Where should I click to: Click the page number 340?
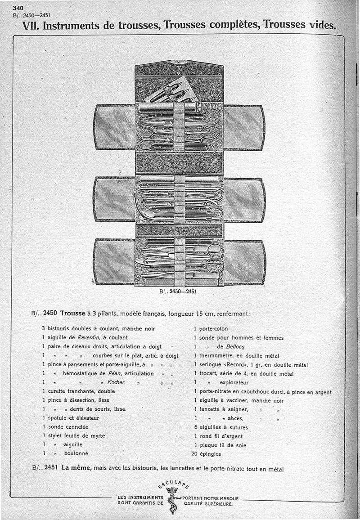pyautogui.click(x=18, y=8)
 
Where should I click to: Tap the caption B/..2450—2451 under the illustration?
pyautogui.click(x=179, y=291)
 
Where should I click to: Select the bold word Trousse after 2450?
pyautogui.click(x=73, y=314)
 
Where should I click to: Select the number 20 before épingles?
pyautogui.click(x=195, y=454)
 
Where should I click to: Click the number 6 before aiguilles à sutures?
pyautogui.click(x=196, y=427)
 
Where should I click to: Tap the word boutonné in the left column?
pyautogui.click(x=76, y=453)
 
